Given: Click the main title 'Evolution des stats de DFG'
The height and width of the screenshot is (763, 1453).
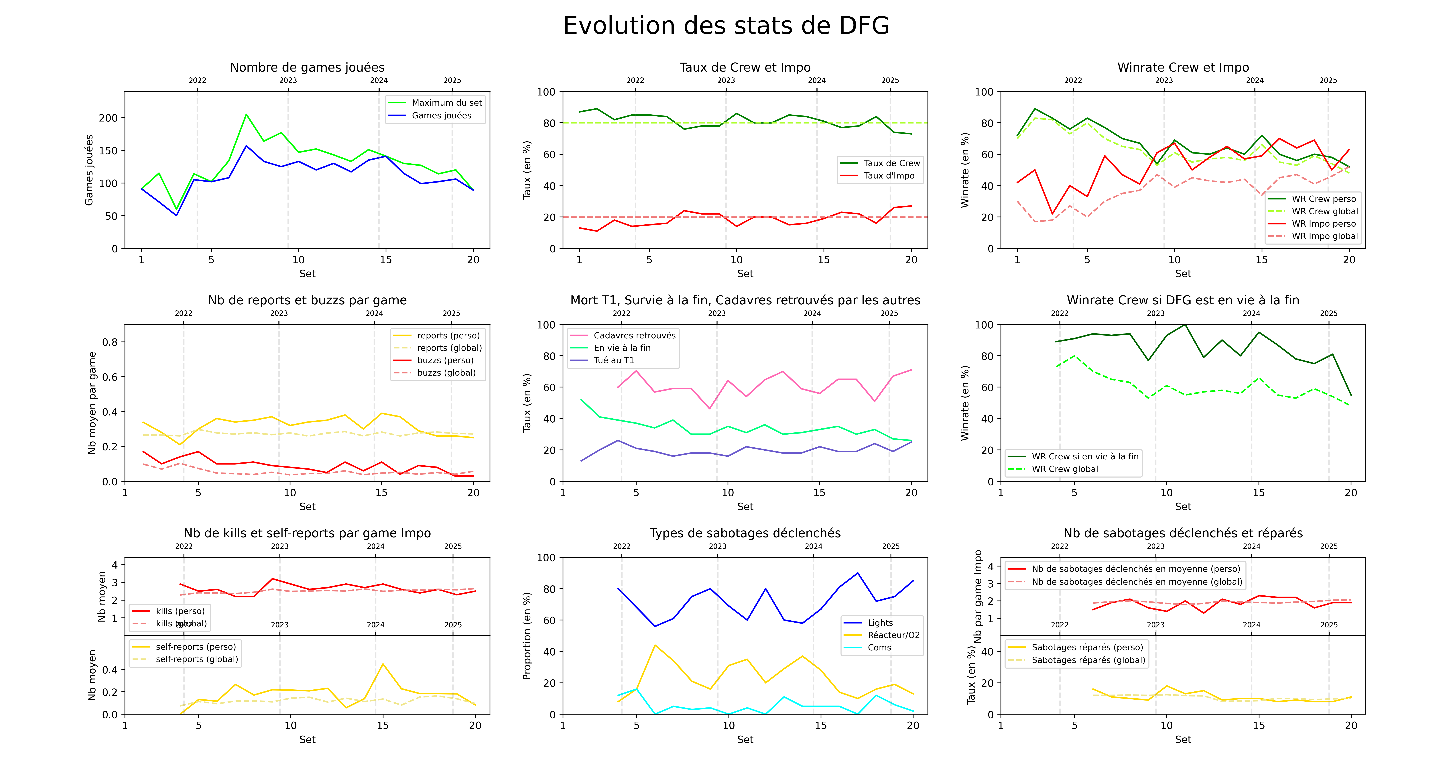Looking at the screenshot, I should (726, 26).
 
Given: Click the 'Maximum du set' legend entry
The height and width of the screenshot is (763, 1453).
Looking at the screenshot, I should (446, 103).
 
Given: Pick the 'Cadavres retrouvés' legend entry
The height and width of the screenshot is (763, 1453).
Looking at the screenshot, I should (634, 335).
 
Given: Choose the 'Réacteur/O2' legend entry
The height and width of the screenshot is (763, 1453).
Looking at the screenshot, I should (893, 635).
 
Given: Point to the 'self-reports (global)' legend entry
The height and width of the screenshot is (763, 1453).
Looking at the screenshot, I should (196, 659).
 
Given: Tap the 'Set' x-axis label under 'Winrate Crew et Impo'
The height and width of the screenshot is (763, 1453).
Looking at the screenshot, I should (1183, 274).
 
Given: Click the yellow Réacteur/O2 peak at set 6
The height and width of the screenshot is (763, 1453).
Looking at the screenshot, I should (655, 645).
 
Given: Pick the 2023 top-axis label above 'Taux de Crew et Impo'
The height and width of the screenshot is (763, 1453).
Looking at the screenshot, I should (726, 80).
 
